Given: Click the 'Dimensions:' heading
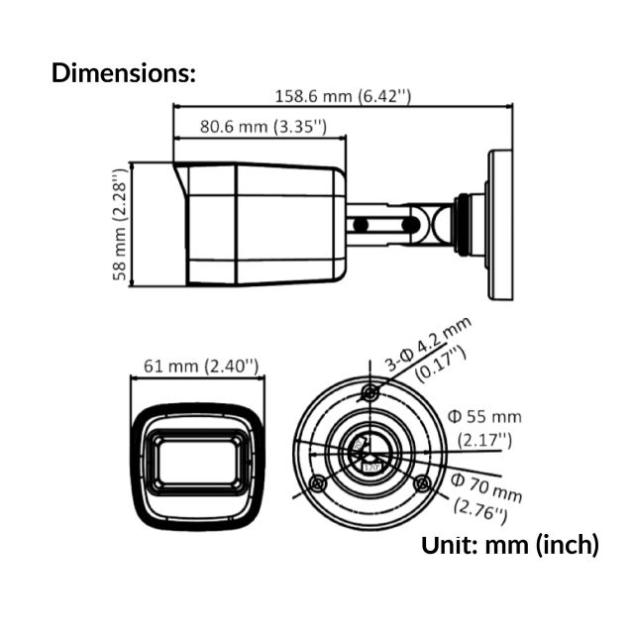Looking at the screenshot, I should [x=124, y=72].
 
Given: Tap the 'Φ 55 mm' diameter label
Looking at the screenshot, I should [x=484, y=416].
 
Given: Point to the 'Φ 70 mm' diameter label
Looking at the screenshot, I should [x=485, y=486].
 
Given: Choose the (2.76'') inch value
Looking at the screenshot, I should [x=480, y=509].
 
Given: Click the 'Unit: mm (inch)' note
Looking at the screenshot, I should [x=510, y=544].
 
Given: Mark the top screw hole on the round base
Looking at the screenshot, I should [x=370, y=393].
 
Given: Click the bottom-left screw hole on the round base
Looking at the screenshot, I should [x=317, y=483].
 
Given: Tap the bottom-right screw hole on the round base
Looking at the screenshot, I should [x=422, y=483].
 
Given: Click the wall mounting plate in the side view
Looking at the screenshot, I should [x=500, y=225].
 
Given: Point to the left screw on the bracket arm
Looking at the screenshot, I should [x=362, y=225].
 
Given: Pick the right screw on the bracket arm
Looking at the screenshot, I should [x=407, y=225].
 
